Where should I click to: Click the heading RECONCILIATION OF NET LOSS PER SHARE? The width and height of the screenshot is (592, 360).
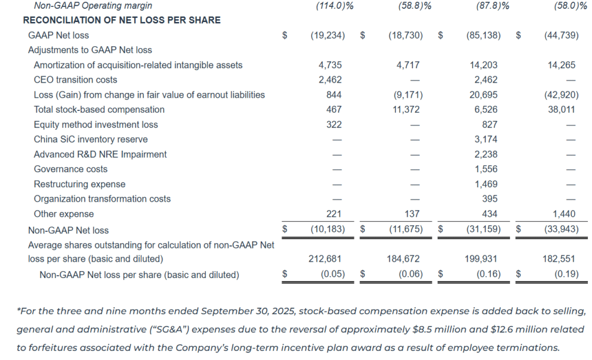click(x=121, y=20)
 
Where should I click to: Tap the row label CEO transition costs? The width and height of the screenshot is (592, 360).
click(x=75, y=80)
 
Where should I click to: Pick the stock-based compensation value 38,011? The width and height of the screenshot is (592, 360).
click(x=561, y=110)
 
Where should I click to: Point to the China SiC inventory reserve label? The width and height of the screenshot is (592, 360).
click(x=90, y=139)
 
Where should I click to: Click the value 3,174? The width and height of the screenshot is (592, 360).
click(x=485, y=139)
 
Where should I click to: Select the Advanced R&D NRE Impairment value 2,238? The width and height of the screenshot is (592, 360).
click(x=485, y=154)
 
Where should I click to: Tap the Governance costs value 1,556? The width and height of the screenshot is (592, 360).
click(x=485, y=169)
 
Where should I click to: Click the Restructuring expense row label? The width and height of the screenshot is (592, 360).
click(x=79, y=184)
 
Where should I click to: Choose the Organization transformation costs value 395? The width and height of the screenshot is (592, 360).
click(x=489, y=199)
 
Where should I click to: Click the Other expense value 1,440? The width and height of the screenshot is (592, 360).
click(x=564, y=214)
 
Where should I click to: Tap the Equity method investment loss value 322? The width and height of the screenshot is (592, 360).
click(x=334, y=125)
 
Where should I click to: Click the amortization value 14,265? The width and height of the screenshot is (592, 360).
click(x=561, y=65)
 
